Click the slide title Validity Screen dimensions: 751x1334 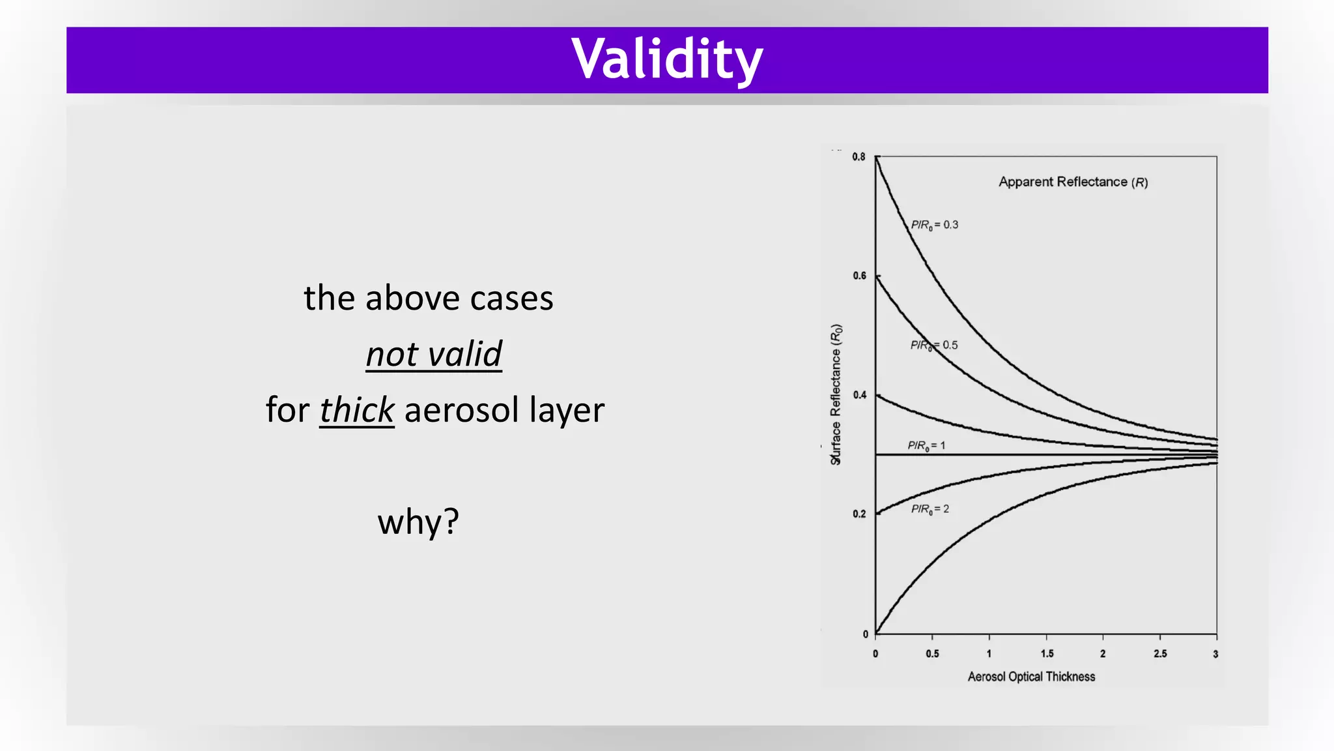pos(667,59)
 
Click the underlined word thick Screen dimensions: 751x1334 pos(357,410)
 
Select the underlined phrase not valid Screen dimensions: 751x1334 pos(434,354)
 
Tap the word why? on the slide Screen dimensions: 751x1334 pos(418,522)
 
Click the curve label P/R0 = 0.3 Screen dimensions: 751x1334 pos(934,225)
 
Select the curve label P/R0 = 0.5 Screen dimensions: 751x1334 pos(934,345)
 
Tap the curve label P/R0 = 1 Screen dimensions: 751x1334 pos(926,446)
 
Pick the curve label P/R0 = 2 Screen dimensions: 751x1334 pos(930,509)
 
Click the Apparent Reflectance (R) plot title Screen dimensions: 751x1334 pos(1073,182)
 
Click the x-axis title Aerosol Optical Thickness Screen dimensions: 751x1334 pos(1031,677)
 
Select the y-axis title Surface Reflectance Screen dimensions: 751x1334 pos(836,394)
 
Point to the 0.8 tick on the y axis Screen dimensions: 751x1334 pos(859,157)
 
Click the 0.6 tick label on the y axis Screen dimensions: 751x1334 pos(859,276)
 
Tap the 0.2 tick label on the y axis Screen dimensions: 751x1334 pos(859,514)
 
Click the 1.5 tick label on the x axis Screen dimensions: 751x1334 pos(1046,654)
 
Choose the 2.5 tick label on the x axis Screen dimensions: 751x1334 pos(1159,654)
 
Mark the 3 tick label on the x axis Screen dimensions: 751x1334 pos(1215,654)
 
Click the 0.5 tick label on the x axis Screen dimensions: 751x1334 pos(932,654)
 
